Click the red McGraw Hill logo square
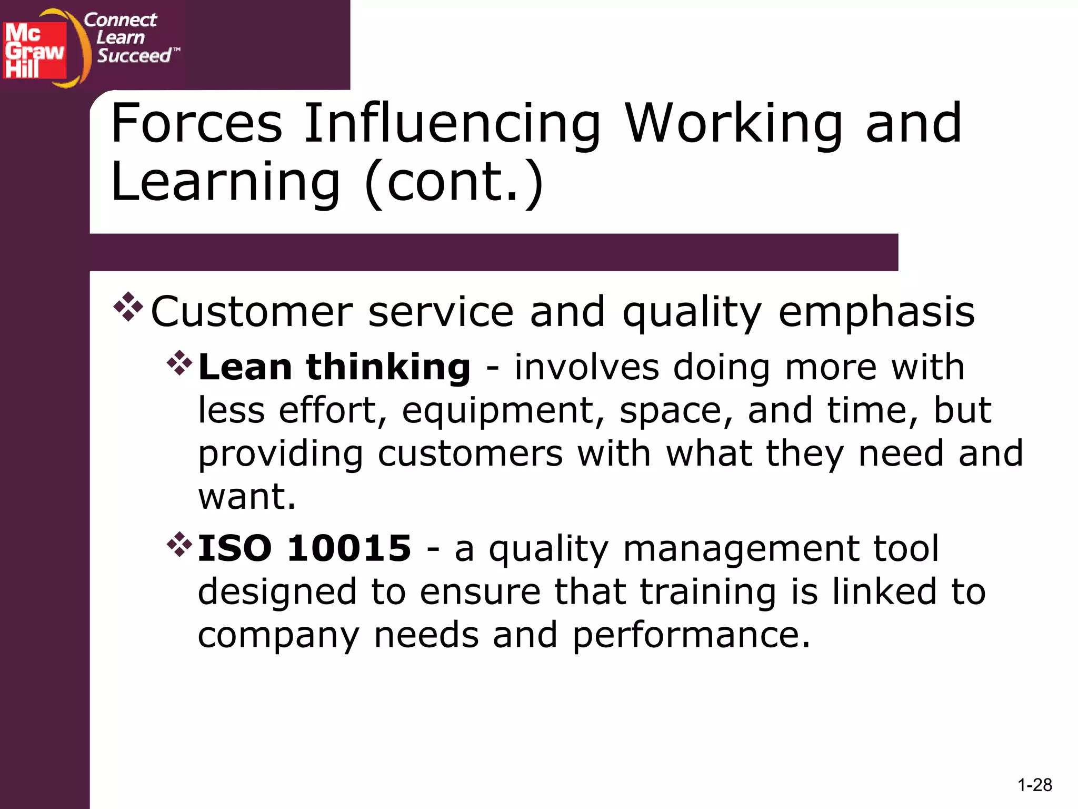pyautogui.click(x=35, y=50)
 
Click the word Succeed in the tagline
pyautogui.click(x=135, y=55)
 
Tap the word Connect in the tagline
pyautogui.click(x=121, y=20)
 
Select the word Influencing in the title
pyautogui.click(x=453, y=124)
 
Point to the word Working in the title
pyautogui.click(x=734, y=124)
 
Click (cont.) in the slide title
pyautogui.click(x=454, y=182)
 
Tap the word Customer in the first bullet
pyautogui.click(x=252, y=312)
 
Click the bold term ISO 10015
pyautogui.click(x=304, y=548)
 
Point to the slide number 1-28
pyautogui.click(x=1035, y=785)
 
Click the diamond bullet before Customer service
pyautogui.click(x=128, y=307)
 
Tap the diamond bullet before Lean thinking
pyautogui.click(x=179, y=363)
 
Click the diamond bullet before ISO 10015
pyautogui.click(x=179, y=545)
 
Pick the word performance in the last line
pyautogui.click(x=691, y=635)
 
